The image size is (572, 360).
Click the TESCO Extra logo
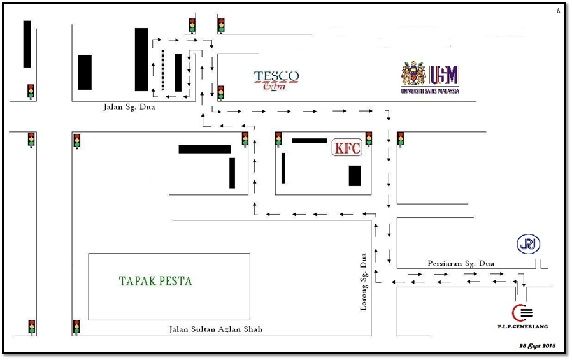point(276,80)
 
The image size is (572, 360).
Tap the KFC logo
point(347,148)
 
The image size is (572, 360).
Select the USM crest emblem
point(413,74)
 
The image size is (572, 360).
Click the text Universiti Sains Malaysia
point(430,91)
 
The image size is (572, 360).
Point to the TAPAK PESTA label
point(155,281)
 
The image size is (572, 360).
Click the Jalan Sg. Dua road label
point(129,107)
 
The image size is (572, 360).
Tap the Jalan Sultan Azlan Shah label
point(215,329)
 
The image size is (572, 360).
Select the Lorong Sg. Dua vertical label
point(363,281)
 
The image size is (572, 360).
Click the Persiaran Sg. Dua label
point(461,263)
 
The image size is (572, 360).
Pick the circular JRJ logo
point(528,244)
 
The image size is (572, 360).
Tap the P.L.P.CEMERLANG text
point(523,326)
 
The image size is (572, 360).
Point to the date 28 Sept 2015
point(538,345)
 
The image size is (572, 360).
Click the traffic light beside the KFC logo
point(369,140)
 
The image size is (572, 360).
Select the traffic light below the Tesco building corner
point(220,93)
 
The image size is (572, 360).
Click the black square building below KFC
point(355,176)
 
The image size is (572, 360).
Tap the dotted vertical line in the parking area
point(162,70)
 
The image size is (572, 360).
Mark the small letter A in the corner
point(558,11)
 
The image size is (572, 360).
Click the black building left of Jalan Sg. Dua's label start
point(85,72)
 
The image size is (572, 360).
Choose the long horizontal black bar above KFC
point(310,140)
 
